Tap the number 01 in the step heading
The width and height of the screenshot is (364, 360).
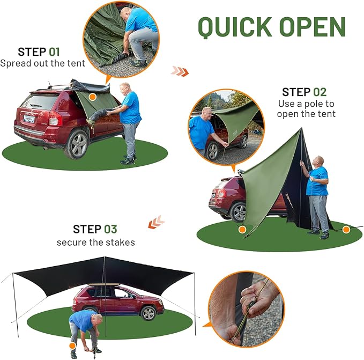coord(55,52)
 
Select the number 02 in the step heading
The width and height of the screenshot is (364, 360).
coord(319,92)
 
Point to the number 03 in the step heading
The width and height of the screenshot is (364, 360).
coord(110,229)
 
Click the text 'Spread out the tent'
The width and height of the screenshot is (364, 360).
coord(43,63)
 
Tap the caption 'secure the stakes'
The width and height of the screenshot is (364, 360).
coord(96,242)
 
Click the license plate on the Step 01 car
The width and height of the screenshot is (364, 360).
coord(29,119)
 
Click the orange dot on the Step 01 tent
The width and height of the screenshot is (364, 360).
coord(92,97)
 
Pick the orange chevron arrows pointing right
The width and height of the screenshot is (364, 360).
coord(180,71)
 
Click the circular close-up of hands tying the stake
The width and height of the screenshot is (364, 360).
coord(246,308)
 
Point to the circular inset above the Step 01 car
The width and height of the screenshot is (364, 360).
coord(121,36)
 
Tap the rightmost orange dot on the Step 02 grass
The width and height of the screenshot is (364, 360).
coord(346,230)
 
